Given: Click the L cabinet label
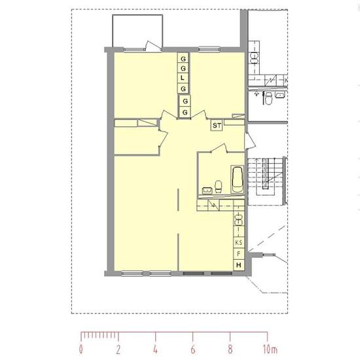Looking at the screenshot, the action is pos(183,78).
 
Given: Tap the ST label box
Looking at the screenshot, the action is pos(217,126).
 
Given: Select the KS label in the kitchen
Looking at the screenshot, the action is pos(238,242).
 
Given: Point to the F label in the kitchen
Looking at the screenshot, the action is pos(238,254).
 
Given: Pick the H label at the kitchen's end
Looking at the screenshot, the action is pos(238,265).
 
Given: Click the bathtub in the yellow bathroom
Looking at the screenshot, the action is pos(237,179).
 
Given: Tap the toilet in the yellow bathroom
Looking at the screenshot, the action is pos(219,186).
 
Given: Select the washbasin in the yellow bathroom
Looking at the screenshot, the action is pos(207,190).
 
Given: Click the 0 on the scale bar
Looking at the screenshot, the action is pos(81,350).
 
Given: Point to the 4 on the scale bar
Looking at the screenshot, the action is pos(155,350).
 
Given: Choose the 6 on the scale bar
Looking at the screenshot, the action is pos(193,350).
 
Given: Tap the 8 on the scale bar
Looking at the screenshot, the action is pos(230,350).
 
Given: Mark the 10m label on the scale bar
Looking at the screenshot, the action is pos(270,350).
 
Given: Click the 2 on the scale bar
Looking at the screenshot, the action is pos(118,350).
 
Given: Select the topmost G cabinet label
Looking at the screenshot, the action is pos(183,59).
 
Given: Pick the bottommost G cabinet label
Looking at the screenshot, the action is pos(185,113).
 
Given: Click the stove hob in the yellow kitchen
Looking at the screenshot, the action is pos(238,220).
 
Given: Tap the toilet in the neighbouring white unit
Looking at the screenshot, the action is pos(268,98).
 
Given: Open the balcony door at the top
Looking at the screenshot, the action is pos(153,46).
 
